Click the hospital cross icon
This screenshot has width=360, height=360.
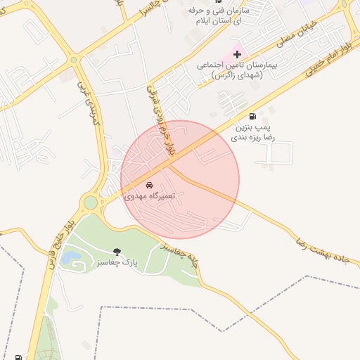point(237,54)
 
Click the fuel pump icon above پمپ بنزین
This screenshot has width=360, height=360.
point(252,116)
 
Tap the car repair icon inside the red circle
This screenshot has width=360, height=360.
point(149,186)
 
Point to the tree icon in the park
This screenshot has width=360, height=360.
point(116,251)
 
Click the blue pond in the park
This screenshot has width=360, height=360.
point(70,258)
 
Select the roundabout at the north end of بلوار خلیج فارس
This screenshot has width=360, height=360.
point(91,204)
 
